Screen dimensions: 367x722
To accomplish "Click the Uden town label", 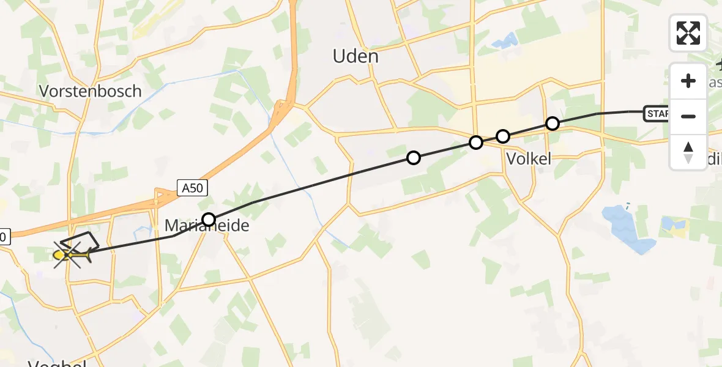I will tap(355, 56).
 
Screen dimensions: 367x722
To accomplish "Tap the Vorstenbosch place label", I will tap(91, 91).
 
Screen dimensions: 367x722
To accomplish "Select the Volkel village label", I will tap(529, 158).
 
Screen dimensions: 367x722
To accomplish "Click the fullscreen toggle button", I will tap(688, 33).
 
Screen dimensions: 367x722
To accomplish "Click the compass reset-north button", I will tap(688, 152).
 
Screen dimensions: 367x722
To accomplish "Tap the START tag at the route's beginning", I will tap(657, 113).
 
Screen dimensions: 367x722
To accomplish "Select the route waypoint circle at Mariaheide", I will tap(209, 219).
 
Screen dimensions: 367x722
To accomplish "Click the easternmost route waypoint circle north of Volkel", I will tap(552, 124).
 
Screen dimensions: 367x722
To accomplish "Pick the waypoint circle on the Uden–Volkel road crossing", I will tap(476, 143).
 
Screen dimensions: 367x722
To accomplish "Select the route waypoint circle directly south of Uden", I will tap(414, 158).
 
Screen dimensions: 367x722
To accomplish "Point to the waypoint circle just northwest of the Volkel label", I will tap(502, 136).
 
